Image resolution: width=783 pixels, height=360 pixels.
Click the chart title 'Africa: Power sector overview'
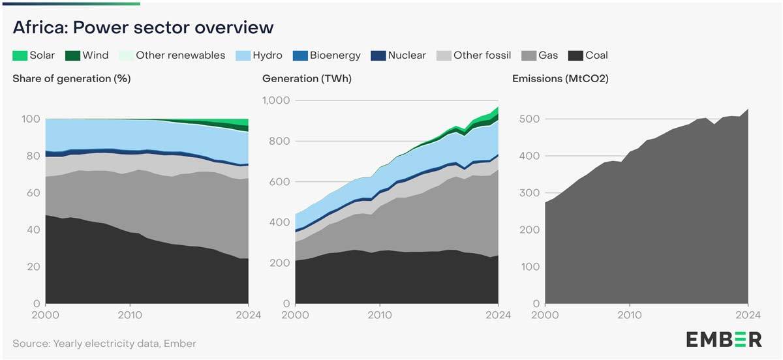(142, 28)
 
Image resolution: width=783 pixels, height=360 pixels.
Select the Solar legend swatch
(19, 55)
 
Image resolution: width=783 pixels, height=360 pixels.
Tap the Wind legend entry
(87, 55)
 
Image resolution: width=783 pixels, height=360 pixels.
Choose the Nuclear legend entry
(398, 55)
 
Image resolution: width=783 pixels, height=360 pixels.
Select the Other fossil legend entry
(474, 55)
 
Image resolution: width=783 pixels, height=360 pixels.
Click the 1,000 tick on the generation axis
(275, 100)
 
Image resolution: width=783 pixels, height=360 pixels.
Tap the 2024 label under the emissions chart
(747, 315)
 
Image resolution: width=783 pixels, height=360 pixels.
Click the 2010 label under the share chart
(130, 315)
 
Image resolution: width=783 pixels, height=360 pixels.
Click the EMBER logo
(724, 339)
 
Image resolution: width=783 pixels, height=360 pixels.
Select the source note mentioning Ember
(104, 343)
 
